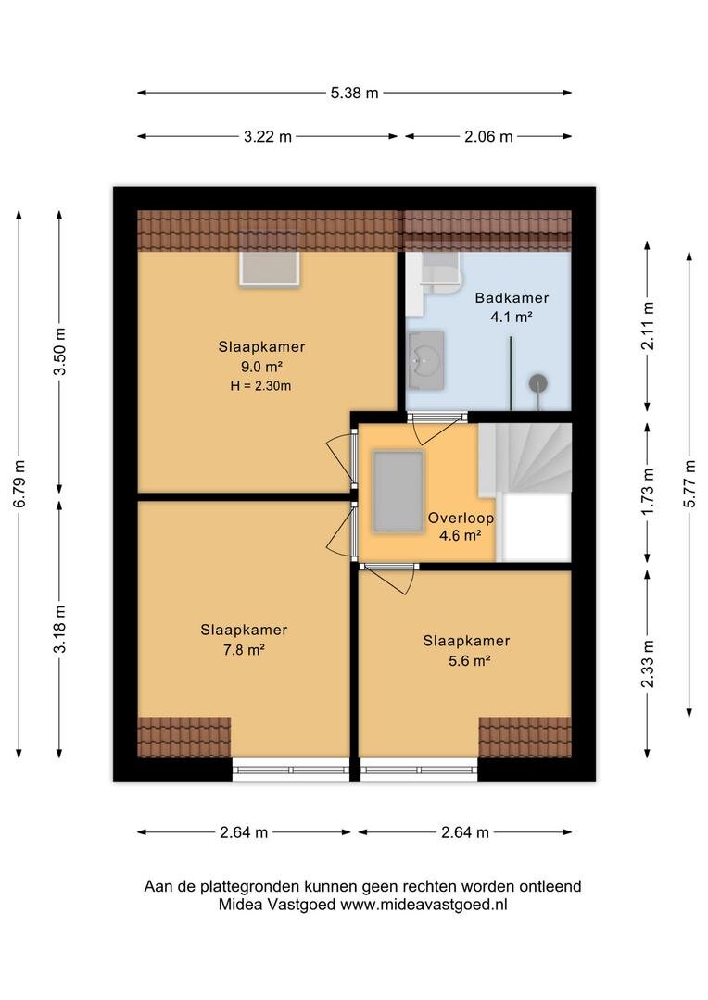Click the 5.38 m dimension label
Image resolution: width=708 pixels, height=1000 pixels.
354,94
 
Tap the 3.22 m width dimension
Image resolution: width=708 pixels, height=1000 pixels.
268,136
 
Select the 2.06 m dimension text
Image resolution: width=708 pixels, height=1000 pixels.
488,136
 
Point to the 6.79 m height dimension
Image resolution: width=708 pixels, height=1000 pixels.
19,484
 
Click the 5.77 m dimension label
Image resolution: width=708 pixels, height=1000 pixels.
689,484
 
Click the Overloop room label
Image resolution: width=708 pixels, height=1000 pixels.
461,518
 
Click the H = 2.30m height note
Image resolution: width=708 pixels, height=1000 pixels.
261,386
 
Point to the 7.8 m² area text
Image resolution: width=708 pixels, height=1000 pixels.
244,650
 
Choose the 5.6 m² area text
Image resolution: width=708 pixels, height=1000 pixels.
469,661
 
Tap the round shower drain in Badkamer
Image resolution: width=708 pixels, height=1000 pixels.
537,382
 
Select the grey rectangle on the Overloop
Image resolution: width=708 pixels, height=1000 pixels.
398,491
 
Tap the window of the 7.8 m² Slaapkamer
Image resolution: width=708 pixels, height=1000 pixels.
290,769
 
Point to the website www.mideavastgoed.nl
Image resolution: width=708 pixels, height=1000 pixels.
424,905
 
